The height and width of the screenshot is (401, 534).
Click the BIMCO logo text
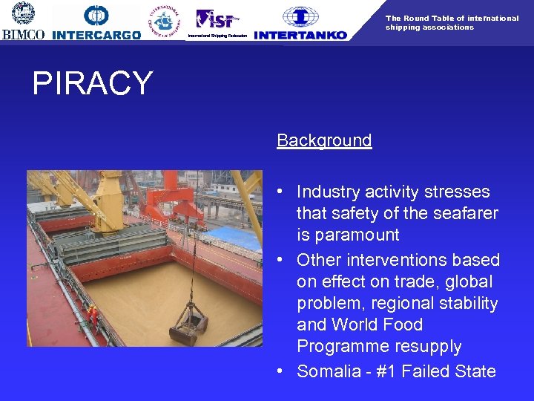tap(24, 34)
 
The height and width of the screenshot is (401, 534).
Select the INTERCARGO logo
tap(96, 35)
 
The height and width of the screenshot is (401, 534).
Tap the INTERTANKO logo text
tap(300, 35)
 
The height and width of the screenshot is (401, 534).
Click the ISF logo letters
tap(216, 19)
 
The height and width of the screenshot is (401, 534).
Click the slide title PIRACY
tap(92, 84)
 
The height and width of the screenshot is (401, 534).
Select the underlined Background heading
tap(324, 140)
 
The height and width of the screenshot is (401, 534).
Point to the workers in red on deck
tap(93, 315)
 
